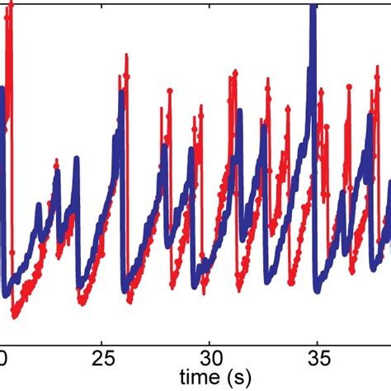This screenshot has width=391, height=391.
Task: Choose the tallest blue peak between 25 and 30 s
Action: pyautogui.click(x=121, y=92)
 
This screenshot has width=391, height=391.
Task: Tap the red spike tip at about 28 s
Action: pyautogui.click(x=167, y=86)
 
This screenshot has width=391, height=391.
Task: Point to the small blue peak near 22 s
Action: pyautogui.click(x=38, y=205)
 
